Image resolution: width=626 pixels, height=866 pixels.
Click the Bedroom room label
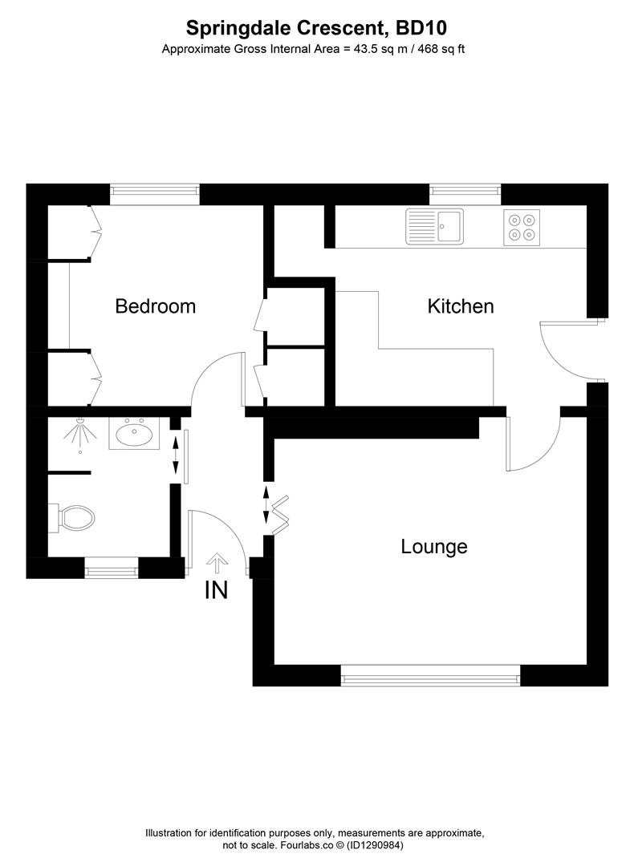tap(156, 306)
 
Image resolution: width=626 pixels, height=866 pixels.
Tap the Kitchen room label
tap(460, 306)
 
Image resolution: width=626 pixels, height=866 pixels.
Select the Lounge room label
tap(434, 547)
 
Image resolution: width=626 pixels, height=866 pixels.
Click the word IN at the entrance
tap(216, 591)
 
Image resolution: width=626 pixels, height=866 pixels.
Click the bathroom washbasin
tap(134, 434)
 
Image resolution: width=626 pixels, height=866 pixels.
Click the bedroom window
tap(154, 190)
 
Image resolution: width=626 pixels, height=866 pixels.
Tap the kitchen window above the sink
tap(465, 190)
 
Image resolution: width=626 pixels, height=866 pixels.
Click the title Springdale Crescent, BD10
tap(316, 28)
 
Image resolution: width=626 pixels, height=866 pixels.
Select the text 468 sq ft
tap(440, 49)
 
